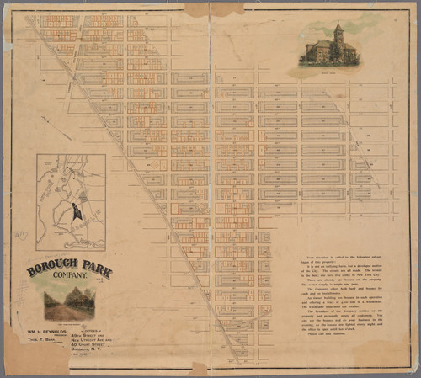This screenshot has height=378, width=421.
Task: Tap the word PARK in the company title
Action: click(93, 271)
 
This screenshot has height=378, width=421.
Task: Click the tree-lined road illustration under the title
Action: click(69, 303)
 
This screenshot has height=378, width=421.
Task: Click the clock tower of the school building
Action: click(338, 33)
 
